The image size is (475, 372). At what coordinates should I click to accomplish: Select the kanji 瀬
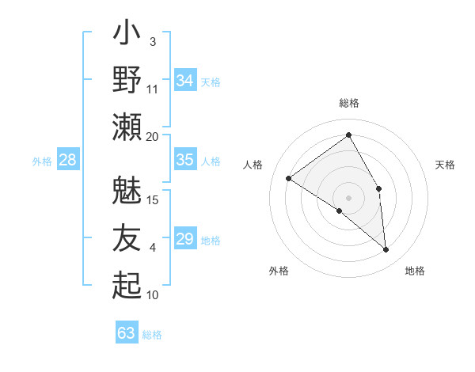127,126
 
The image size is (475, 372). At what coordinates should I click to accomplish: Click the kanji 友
127,238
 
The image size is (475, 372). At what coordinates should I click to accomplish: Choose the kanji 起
127,285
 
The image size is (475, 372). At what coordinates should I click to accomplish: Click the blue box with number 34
185,80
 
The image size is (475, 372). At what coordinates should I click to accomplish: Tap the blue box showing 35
185,159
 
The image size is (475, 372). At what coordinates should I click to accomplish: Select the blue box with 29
185,239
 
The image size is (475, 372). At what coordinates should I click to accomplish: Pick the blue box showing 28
68,160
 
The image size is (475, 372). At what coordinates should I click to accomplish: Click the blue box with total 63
127,333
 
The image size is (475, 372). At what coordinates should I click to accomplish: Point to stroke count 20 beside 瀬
152,136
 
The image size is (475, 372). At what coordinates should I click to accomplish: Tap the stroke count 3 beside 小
152,41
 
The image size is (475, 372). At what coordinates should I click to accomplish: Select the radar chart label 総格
349,103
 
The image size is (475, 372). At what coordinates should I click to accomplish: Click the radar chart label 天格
445,165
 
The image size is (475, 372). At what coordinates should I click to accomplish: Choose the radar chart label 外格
279,271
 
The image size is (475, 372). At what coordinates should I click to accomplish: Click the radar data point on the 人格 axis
289,178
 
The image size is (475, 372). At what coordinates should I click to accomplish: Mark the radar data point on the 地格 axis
386,249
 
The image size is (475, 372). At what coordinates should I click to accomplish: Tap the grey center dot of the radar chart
348,197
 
